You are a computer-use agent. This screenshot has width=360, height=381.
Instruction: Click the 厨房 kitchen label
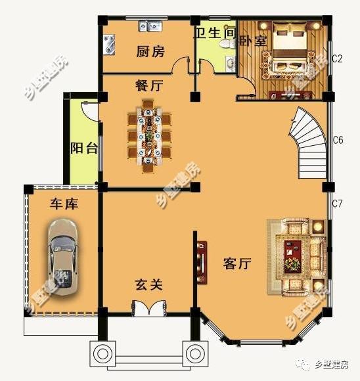(150, 51)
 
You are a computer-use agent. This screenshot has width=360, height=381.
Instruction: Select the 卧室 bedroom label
(252, 41)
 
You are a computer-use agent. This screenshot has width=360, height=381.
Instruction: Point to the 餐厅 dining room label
(149, 85)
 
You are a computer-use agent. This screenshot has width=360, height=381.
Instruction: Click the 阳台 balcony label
(83, 148)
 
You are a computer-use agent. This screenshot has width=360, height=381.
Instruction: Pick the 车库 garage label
(64, 204)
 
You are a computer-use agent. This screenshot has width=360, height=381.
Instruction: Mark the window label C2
(338, 58)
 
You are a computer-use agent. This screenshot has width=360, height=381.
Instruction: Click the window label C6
(338, 140)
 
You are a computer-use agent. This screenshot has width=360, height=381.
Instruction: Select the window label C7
(338, 203)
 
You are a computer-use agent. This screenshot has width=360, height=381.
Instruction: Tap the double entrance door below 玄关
(149, 309)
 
